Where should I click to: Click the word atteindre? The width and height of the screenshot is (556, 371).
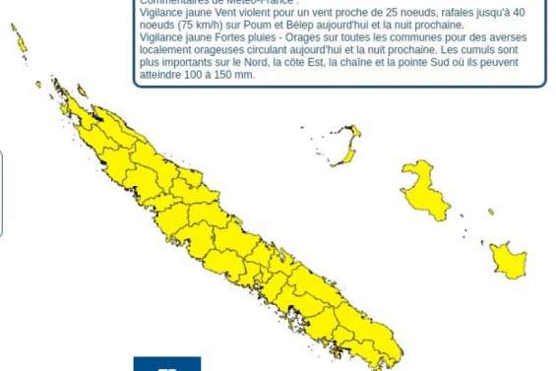[161, 75]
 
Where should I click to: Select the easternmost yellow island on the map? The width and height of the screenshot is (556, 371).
[508, 260]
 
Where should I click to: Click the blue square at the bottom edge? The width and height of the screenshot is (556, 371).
[166, 364]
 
